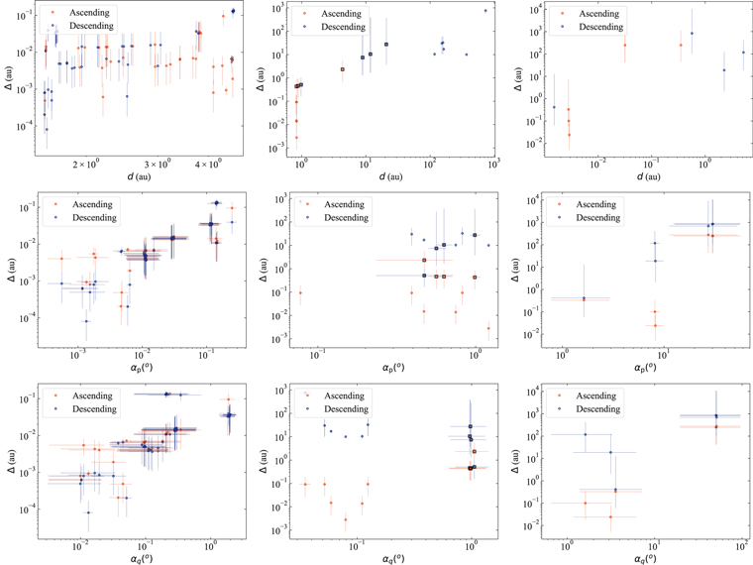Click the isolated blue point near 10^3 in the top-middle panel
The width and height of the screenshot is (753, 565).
[485, 10]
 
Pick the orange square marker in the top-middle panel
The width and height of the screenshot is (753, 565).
[342, 69]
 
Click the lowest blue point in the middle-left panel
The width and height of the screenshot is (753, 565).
[85, 321]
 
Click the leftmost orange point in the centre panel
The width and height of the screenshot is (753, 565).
[300, 292]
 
